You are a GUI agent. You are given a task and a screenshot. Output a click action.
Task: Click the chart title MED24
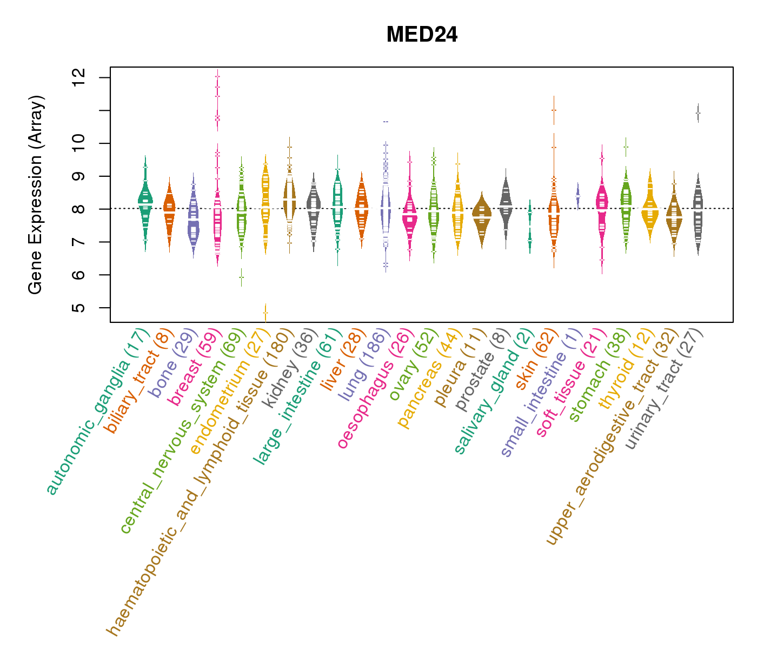pos(422,35)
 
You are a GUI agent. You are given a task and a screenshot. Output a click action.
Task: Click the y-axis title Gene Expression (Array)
pos(36,195)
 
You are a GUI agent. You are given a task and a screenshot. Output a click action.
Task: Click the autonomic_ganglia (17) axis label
pos(98,412)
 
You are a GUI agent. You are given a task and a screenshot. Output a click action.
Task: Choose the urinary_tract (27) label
pos(665,389)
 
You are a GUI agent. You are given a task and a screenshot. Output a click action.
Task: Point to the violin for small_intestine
pos(577,196)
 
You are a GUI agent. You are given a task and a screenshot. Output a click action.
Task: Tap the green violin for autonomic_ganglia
pos(145,203)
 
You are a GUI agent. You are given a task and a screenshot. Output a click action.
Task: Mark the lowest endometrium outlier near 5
pos(265,313)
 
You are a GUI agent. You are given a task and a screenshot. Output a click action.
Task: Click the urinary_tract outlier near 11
pos(698,113)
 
